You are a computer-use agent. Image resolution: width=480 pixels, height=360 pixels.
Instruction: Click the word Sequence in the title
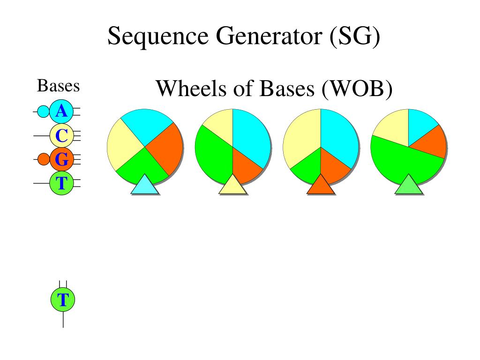(x=158, y=37)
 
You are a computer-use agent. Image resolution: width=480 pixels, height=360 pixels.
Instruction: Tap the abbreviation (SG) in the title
(x=355, y=36)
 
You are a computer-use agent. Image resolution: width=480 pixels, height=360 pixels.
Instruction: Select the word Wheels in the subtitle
(x=192, y=89)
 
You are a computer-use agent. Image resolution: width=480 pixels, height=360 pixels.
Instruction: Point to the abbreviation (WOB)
(x=357, y=89)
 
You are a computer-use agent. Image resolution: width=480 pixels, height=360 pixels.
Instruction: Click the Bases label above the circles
(x=58, y=85)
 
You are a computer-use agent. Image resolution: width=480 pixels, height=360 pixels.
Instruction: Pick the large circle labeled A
(x=61, y=112)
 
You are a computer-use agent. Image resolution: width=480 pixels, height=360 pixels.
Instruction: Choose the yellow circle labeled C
(x=61, y=135)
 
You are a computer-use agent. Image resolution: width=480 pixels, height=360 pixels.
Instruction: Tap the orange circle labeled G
(x=61, y=159)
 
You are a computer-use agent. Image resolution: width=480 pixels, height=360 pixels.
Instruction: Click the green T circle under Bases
(x=61, y=183)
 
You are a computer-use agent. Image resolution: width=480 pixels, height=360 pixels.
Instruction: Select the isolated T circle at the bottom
(x=63, y=300)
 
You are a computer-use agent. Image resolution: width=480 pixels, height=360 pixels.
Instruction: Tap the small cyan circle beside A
(x=43, y=112)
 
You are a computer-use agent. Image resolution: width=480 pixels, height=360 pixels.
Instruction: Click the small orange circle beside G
(x=44, y=159)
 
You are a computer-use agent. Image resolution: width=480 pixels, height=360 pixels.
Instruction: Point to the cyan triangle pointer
(x=144, y=185)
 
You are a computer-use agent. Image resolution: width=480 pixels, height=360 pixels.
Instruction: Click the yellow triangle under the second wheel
(x=232, y=185)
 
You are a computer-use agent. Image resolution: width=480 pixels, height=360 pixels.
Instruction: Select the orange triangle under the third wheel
(x=321, y=185)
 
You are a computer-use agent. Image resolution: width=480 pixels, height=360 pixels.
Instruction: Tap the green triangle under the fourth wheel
(x=409, y=185)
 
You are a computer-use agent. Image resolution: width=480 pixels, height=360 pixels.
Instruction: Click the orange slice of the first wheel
(x=165, y=149)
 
